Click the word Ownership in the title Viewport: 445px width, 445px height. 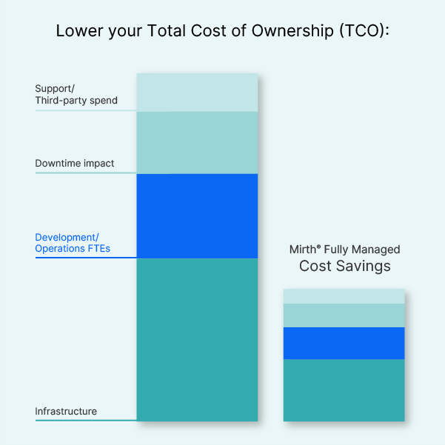(292, 30)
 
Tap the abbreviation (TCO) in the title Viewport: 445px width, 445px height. (362, 30)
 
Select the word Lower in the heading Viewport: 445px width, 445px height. (79, 30)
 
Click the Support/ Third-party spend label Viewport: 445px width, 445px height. (76, 95)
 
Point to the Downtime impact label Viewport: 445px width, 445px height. (74, 163)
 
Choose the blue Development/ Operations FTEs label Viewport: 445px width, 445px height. (73, 243)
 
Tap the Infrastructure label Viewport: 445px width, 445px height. (66, 411)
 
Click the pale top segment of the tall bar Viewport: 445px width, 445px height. (197, 93)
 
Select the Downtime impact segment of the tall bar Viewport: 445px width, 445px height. (197, 143)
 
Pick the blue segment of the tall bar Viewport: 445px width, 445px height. (197, 216)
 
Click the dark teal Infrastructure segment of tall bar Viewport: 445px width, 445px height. (197, 340)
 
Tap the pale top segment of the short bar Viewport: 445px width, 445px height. (344, 296)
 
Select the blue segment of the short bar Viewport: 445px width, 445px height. (344, 344)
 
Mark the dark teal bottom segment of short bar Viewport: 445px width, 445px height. (344, 390)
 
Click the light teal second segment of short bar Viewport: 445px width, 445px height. (344, 315)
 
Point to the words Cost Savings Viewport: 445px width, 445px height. (345, 266)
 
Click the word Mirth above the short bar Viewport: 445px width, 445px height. (303, 250)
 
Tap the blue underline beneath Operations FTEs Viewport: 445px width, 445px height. (86, 258)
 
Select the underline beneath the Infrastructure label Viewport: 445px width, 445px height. (86, 421)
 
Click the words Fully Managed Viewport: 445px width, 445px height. (362, 250)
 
